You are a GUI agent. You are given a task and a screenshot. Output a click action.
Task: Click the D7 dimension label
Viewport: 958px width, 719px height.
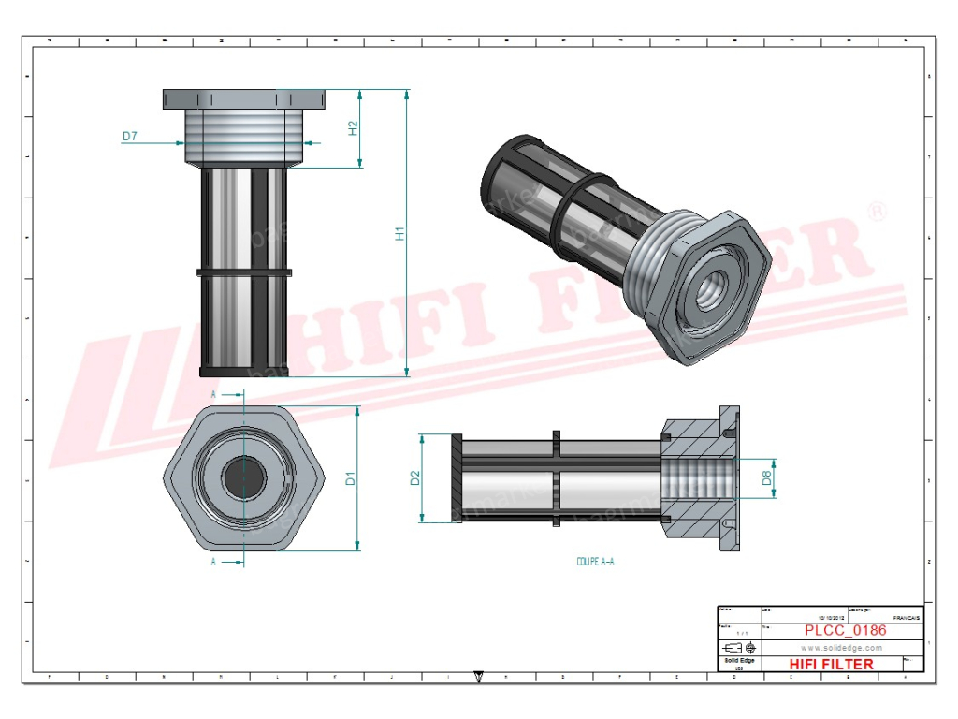click(x=130, y=137)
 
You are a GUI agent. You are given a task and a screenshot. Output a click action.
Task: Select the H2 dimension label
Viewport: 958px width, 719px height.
click(x=354, y=128)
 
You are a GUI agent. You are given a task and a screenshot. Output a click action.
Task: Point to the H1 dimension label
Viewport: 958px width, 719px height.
click(x=399, y=234)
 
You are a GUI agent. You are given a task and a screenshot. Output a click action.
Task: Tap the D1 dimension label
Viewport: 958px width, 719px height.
click(x=351, y=478)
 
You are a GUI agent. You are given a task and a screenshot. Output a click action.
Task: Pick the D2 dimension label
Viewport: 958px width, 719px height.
click(x=415, y=478)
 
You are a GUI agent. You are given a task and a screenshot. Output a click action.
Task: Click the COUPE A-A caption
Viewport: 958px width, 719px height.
click(x=595, y=562)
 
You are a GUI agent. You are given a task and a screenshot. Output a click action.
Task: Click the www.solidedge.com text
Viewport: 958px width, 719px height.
click(x=841, y=648)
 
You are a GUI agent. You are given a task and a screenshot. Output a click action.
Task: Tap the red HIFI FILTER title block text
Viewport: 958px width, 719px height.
click(x=832, y=664)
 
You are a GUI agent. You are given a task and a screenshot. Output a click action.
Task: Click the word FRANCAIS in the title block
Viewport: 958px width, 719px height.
click(x=905, y=618)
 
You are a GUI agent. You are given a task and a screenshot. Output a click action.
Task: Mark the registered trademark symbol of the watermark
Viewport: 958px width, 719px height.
click(x=877, y=212)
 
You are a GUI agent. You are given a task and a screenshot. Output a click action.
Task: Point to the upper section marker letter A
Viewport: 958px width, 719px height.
click(x=213, y=395)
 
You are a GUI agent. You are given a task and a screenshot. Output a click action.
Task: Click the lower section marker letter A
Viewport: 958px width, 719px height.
click(x=213, y=562)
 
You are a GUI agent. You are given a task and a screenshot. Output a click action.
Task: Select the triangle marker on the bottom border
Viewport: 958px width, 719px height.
click(x=480, y=675)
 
